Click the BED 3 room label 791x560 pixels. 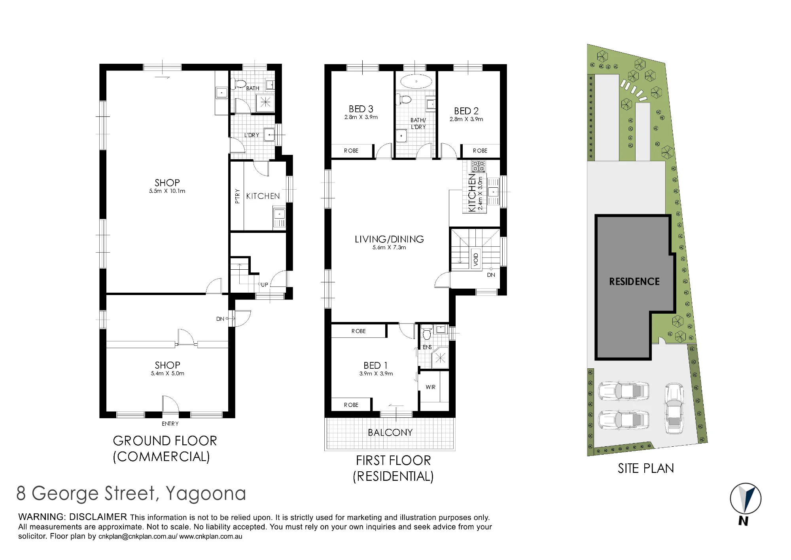(x=361, y=109)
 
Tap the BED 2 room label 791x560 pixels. (x=466, y=111)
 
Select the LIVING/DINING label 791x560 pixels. (x=389, y=239)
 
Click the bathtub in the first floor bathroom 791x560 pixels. (x=416, y=81)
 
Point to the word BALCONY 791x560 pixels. (x=390, y=432)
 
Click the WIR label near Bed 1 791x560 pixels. (x=431, y=387)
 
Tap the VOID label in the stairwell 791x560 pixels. (x=476, y=259)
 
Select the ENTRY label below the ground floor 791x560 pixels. (x=170, y=424)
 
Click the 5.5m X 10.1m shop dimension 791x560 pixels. (x=167, y=191)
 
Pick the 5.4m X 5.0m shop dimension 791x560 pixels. (x=167, y=373)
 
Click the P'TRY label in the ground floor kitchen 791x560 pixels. (x=237, y=196)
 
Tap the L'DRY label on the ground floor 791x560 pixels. (x=252, y=135)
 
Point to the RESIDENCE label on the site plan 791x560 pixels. (x=634, y=282)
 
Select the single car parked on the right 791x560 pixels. (x=674, y=408)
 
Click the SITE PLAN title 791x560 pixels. (x=646, y=469)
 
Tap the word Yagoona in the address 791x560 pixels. (x=206, y=494)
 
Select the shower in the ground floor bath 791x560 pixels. (x=265, y=103)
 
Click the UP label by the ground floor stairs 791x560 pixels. (x=265, y=285)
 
